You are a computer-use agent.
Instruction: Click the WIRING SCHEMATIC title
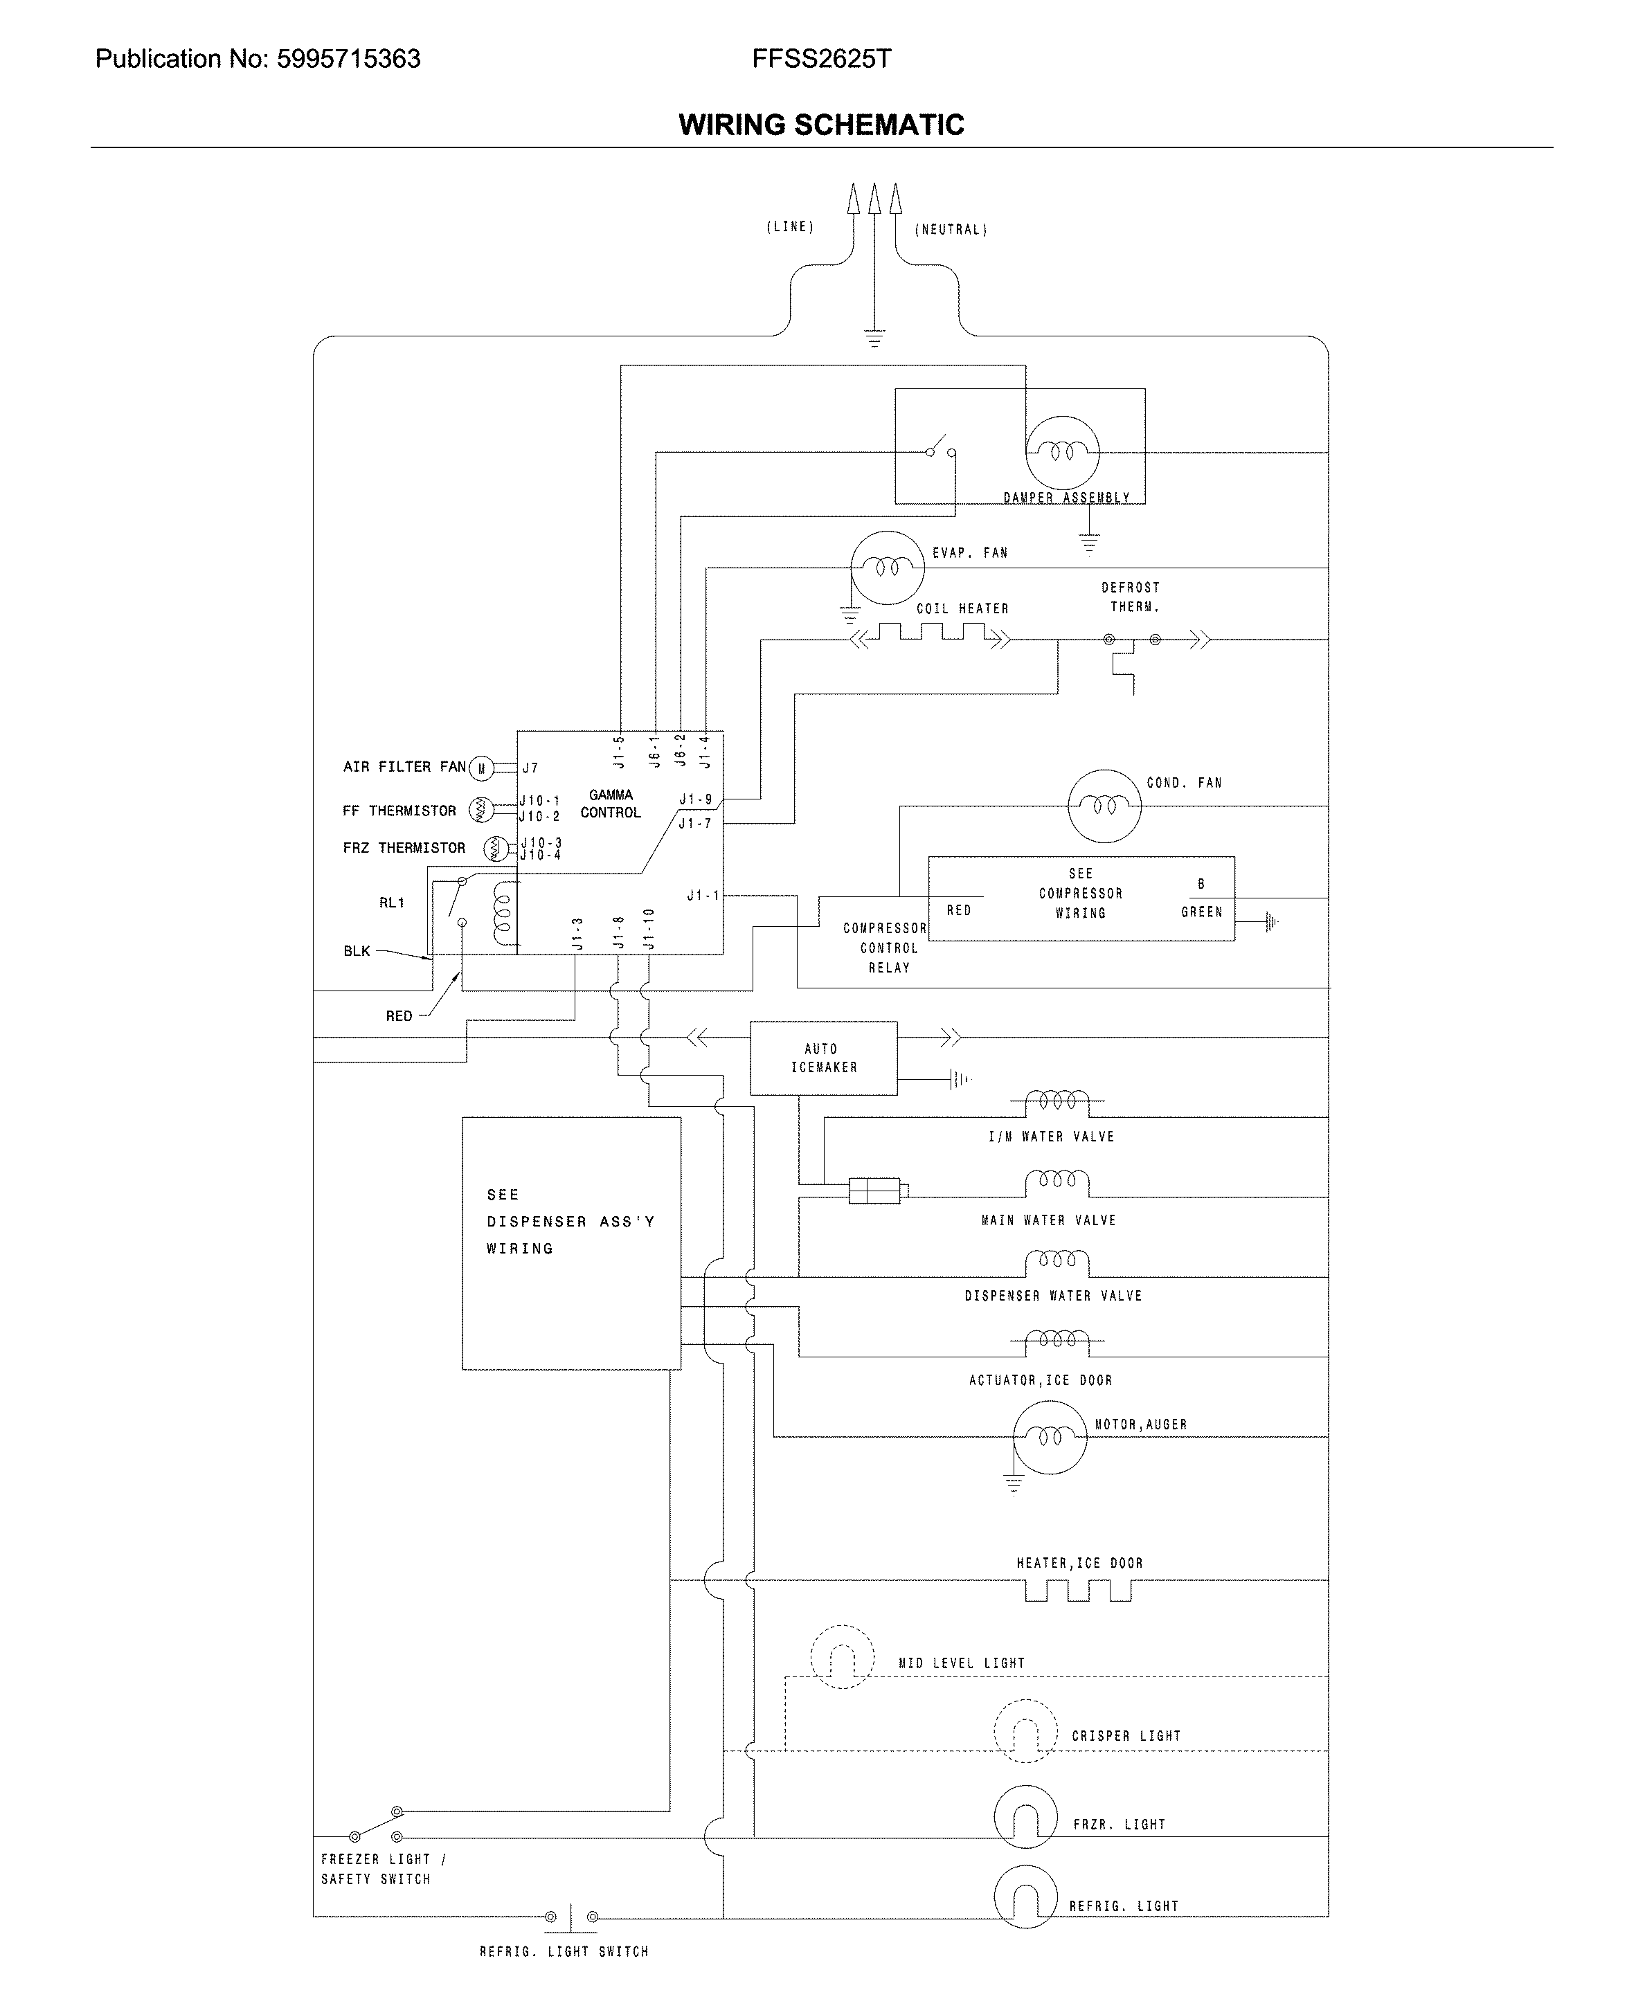point(820,125)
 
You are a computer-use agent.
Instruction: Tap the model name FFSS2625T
point(820,60)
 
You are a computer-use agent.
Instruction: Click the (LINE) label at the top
point(789,227)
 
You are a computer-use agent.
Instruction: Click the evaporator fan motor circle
point(887,568)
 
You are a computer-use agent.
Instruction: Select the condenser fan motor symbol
point(1104,806)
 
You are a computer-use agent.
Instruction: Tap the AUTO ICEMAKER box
point(823,1058)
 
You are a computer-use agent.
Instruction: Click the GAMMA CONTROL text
point(610,804)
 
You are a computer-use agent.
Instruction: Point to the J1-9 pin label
point(696,799)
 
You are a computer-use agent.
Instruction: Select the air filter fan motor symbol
point(481,768)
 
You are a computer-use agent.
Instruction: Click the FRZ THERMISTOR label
point(404,848)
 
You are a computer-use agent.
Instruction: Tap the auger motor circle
point(1049,1437)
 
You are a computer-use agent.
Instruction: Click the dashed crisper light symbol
point(1025,1731)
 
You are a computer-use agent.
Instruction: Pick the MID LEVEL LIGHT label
point(961,1663)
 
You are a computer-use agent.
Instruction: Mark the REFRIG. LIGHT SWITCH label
point(564,1952)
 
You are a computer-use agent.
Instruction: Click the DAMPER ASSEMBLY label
point(1066,498)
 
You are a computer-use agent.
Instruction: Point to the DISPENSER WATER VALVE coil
point(1057,1262)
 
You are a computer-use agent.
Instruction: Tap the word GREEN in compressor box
point(1201,912)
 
